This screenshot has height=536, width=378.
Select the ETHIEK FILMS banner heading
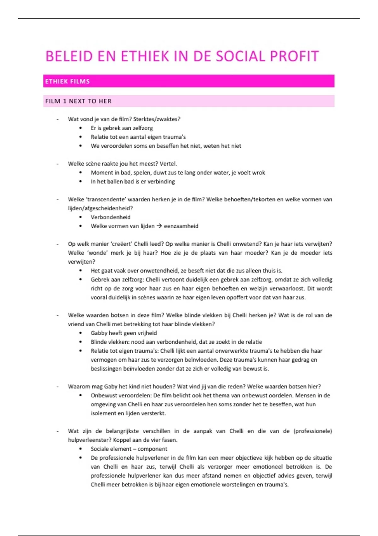(x=67, y=81)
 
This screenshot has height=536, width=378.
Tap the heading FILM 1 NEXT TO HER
(x=78, y=101)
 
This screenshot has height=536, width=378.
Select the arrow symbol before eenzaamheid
(x=159, y=226)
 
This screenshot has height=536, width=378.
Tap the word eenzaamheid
(x=181, y=226)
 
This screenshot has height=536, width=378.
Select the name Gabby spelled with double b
(x=99, y=333)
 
